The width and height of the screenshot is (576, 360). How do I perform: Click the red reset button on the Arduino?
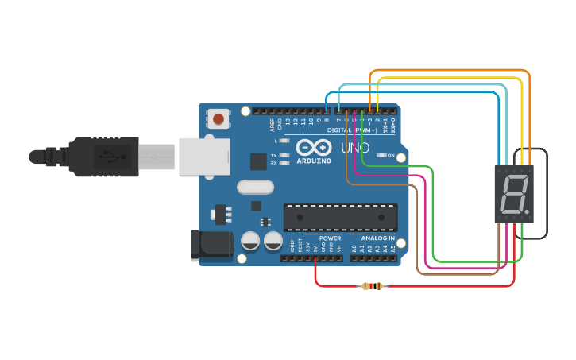218,120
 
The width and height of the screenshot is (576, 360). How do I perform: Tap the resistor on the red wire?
372,286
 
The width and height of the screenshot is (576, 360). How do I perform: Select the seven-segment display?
513,194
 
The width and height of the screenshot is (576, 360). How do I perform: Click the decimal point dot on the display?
527,213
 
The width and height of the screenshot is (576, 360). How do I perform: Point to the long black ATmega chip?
341,218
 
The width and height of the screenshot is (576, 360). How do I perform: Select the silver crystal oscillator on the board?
254,188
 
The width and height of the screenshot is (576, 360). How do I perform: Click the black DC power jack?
211,246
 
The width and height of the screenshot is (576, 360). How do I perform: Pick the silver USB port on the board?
203,157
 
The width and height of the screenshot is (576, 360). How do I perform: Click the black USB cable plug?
103,156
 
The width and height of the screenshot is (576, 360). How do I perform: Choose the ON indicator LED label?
390,156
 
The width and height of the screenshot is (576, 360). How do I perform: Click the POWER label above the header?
330,238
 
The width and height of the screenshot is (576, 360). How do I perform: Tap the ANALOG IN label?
377,238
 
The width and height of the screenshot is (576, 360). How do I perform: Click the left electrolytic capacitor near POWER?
251,240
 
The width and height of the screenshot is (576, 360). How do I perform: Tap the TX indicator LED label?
274,156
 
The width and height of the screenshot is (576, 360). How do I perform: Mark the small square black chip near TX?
258,162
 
